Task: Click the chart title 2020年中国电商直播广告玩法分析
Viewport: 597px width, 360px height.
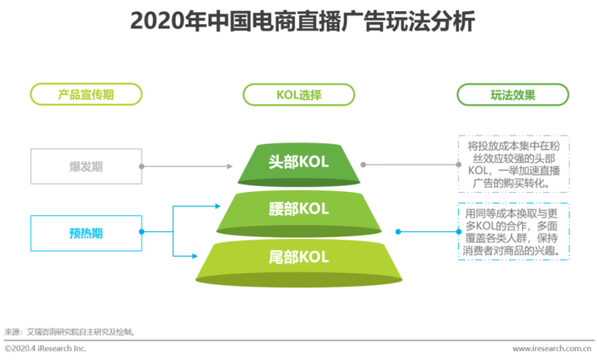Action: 302,21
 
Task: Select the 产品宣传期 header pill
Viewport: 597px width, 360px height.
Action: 86,94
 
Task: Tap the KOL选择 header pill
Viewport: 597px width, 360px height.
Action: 298,95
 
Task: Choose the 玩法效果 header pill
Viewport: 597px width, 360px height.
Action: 513,95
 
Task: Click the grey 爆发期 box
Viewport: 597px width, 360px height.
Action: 86,166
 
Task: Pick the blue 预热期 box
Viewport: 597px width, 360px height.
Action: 86,233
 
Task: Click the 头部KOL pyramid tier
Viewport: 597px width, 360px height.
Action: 298,165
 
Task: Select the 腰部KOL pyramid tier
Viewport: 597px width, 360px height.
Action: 298,213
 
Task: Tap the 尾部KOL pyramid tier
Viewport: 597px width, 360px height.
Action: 298,263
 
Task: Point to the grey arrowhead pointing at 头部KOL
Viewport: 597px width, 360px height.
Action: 229,166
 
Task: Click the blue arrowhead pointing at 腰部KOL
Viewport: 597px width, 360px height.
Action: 217,206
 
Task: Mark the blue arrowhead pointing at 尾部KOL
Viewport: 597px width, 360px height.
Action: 194,256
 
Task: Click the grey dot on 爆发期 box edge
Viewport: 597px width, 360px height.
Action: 142,166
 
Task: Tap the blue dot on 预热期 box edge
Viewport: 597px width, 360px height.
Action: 142,232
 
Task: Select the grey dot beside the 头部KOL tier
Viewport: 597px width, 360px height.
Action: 363,165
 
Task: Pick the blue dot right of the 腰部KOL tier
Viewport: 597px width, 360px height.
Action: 398,232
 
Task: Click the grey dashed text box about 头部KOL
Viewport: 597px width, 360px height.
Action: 513,164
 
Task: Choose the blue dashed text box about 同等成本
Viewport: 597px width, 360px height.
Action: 513,231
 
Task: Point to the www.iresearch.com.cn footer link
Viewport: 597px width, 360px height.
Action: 552,349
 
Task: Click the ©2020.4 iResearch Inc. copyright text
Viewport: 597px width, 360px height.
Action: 45,349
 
